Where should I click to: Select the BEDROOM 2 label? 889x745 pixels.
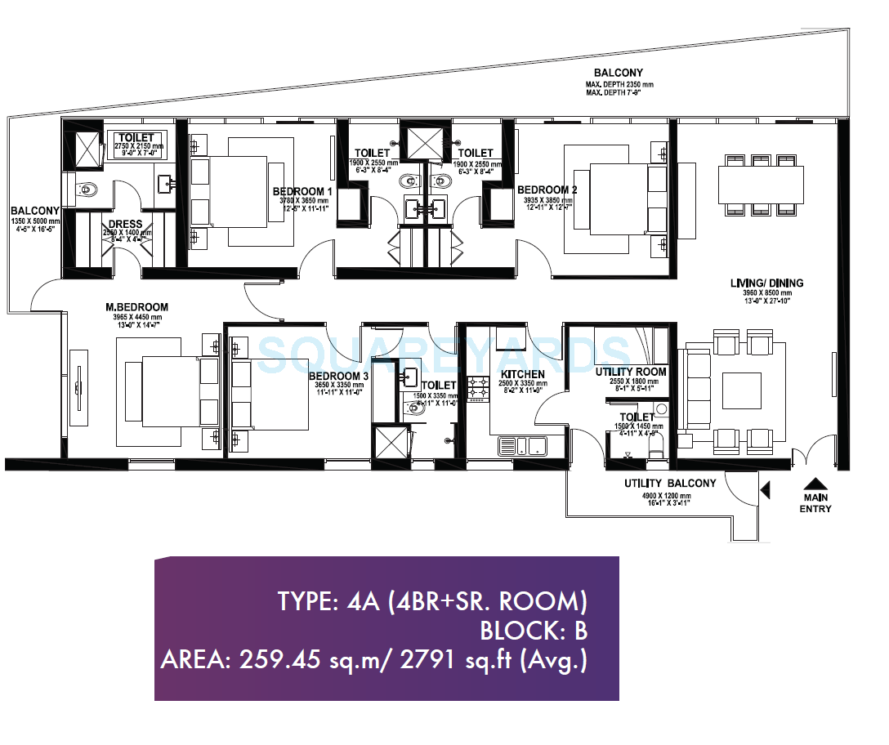pyautogui.click(x=547, y=189)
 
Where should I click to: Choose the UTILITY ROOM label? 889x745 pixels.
pyautogui.click(x=642, y=372)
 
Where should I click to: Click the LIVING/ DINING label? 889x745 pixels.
pyautogui.click(x=766, y=283)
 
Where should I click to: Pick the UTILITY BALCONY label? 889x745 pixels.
pyautogui.click(x=669, y=484)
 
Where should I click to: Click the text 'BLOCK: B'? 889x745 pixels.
pyautogui.click(x=533, y=631)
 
